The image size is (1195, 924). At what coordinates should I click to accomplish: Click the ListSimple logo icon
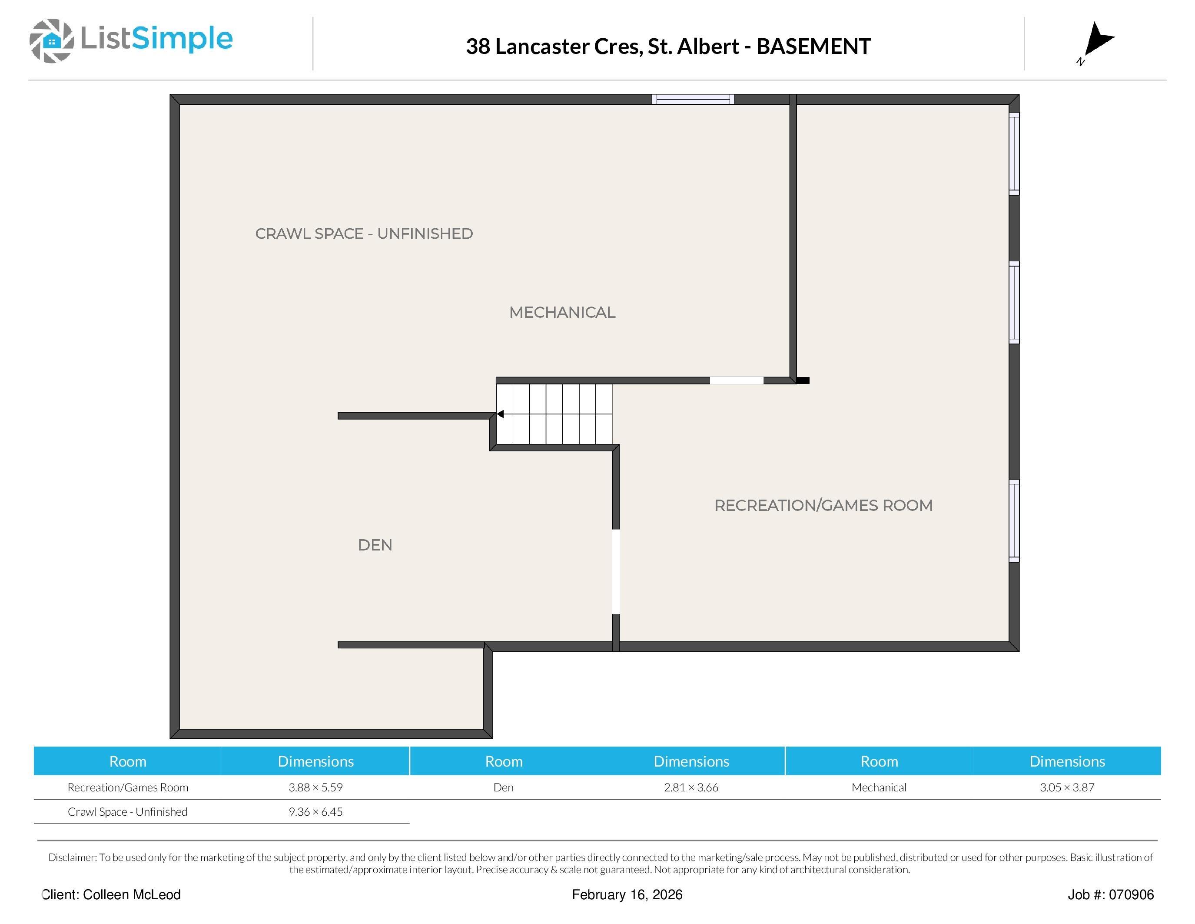pos(51,40)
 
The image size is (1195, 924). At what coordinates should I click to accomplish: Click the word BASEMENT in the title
pos(813,47)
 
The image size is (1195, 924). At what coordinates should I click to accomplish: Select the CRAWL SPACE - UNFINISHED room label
pos(364,234)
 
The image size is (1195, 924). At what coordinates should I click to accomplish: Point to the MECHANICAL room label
pos(562,313)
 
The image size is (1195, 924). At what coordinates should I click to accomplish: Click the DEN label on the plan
pos(375,545)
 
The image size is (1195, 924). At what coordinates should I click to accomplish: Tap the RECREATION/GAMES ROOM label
pos(823,505)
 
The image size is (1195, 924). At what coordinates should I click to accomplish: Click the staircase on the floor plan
pos(554,414)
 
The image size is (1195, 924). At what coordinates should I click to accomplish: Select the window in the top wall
pos(693,99)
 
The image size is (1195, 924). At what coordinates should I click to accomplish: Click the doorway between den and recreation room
pos(616,571)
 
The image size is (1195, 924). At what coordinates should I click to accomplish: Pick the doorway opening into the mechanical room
pos(737,380)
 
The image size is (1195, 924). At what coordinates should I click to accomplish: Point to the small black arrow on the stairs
pos(500,414)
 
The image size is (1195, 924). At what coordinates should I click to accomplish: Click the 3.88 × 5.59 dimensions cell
pos(316,788)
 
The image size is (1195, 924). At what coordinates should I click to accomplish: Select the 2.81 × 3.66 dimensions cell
pos(691,788)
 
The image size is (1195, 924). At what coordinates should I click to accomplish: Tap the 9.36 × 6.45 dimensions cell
pos(316,812)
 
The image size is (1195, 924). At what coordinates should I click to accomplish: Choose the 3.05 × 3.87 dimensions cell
pos(1067,788)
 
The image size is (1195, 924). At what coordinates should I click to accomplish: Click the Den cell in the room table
pos(503,788)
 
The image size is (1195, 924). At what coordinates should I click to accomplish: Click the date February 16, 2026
pos(627,894)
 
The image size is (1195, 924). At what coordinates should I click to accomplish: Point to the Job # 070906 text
pos(1111,894)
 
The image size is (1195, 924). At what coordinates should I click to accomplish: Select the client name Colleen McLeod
pos(132,894)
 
